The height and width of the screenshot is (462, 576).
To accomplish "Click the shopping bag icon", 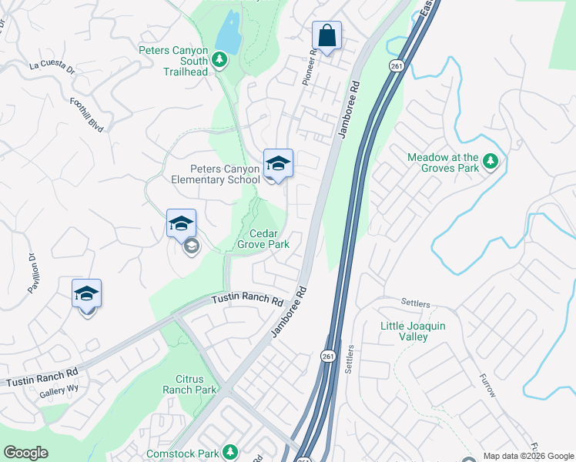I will tap(327, 35).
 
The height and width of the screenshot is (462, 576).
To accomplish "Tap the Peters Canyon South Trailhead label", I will tap(174, 61).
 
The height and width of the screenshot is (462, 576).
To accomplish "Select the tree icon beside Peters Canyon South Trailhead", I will tap(219, 59).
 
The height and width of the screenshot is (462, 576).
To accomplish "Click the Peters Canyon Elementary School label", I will tap(226, 174).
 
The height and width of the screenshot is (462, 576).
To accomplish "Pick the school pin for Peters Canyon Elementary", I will tap(278, 164).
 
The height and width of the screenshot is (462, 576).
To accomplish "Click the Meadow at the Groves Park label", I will tap(444, 162).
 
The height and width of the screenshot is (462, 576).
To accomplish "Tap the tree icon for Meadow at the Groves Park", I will tap(491, 162).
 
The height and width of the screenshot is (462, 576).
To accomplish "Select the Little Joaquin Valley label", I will tap(413, 331).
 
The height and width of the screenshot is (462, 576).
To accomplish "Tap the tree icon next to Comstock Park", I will tap(229, 452).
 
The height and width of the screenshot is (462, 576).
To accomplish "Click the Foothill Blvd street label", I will tap(86, 114).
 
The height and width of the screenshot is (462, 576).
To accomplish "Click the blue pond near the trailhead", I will tap(228, 33).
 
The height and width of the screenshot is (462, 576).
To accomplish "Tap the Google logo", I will tap(25, 453).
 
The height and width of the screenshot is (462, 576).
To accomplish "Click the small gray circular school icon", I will tap(191, 246).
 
